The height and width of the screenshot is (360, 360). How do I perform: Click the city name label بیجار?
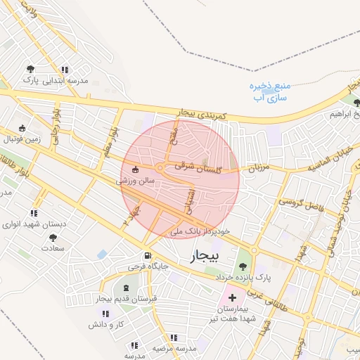tap(205, 257)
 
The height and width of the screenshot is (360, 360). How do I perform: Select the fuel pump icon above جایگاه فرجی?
tap(147, 256)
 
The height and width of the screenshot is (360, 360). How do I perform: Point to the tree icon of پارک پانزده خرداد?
tap(243, 266)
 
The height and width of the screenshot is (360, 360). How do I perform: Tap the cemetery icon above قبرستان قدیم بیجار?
tap(127, 289)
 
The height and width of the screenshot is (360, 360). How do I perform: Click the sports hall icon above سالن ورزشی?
tap(136, 169)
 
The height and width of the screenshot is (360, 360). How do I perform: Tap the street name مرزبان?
tap(259, 169)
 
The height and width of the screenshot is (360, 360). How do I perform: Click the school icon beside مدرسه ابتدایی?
tap(65, 70)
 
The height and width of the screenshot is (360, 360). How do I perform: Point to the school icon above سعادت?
tap(53, 238)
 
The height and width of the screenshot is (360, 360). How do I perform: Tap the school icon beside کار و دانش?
tap(106, 314)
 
